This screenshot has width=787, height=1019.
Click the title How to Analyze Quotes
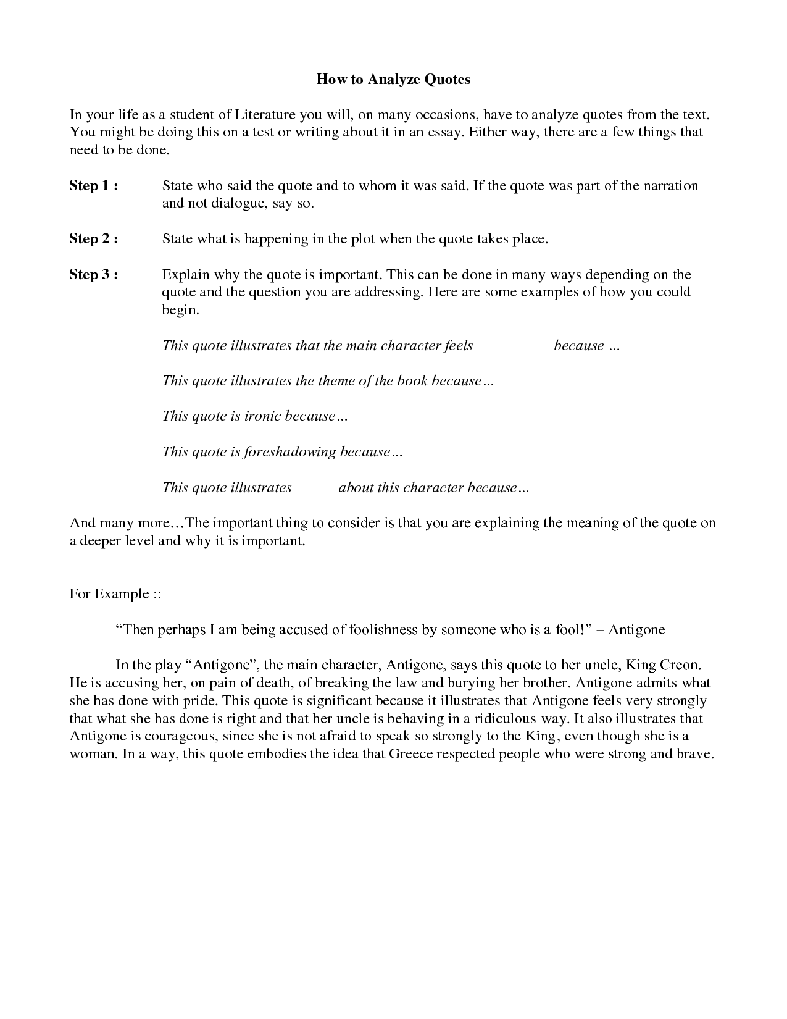tap(393, 79)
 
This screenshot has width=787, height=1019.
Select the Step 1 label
tap(93, 186)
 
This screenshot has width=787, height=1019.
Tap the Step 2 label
tap(93, 239)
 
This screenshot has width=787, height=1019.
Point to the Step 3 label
tap(93, 275)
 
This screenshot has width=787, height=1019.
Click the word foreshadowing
tap(291, 452)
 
